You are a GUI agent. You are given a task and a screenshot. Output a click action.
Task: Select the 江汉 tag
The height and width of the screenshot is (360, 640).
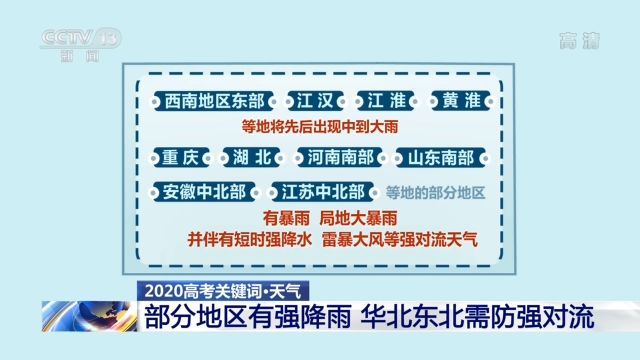(x=313, y=101)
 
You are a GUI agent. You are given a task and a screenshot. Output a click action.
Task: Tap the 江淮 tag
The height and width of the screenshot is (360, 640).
(x=384, y=101)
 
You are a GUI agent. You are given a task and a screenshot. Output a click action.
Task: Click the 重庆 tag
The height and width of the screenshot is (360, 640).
(x=181, y=158)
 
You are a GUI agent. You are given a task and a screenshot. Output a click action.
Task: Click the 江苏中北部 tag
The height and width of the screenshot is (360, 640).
(x=320, y=191)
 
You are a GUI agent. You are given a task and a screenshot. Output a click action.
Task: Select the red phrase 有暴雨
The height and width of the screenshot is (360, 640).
(x=285, y=218)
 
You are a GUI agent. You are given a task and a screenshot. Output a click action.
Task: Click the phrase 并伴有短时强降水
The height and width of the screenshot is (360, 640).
(x=249, y=240)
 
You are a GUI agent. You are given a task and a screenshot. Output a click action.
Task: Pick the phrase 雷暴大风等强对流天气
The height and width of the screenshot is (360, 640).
(x=400, y=240)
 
